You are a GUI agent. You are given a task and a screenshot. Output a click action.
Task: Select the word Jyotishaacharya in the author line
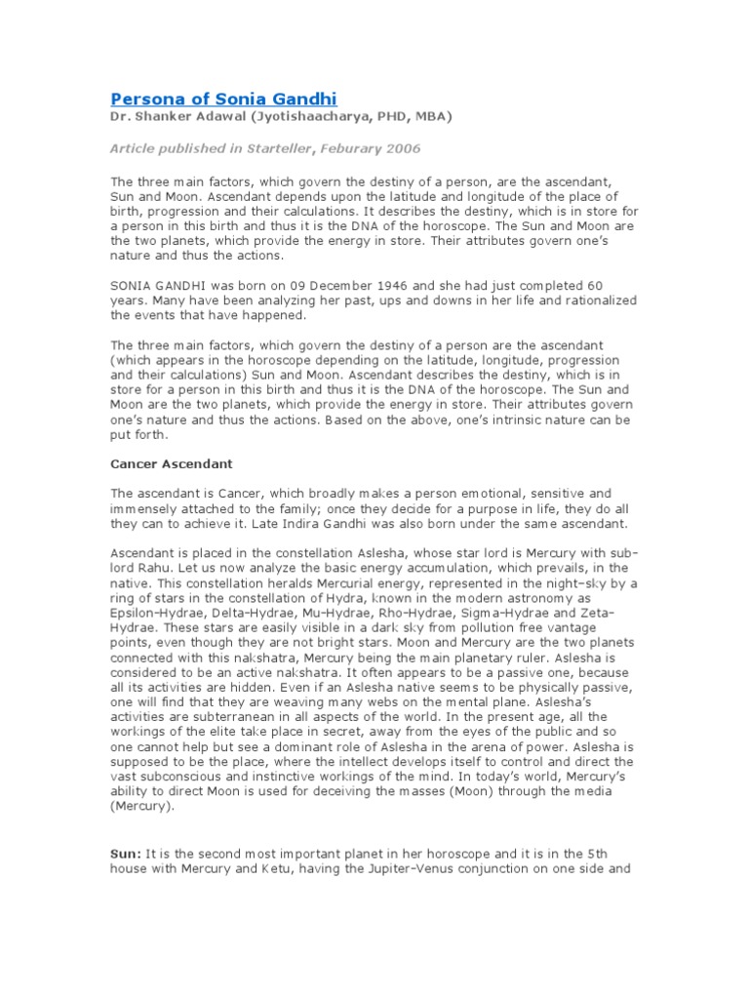coord(282,117)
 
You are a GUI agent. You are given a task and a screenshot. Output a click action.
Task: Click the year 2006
coord(405,148)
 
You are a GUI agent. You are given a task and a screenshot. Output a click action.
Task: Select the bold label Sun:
coord(127,853)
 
